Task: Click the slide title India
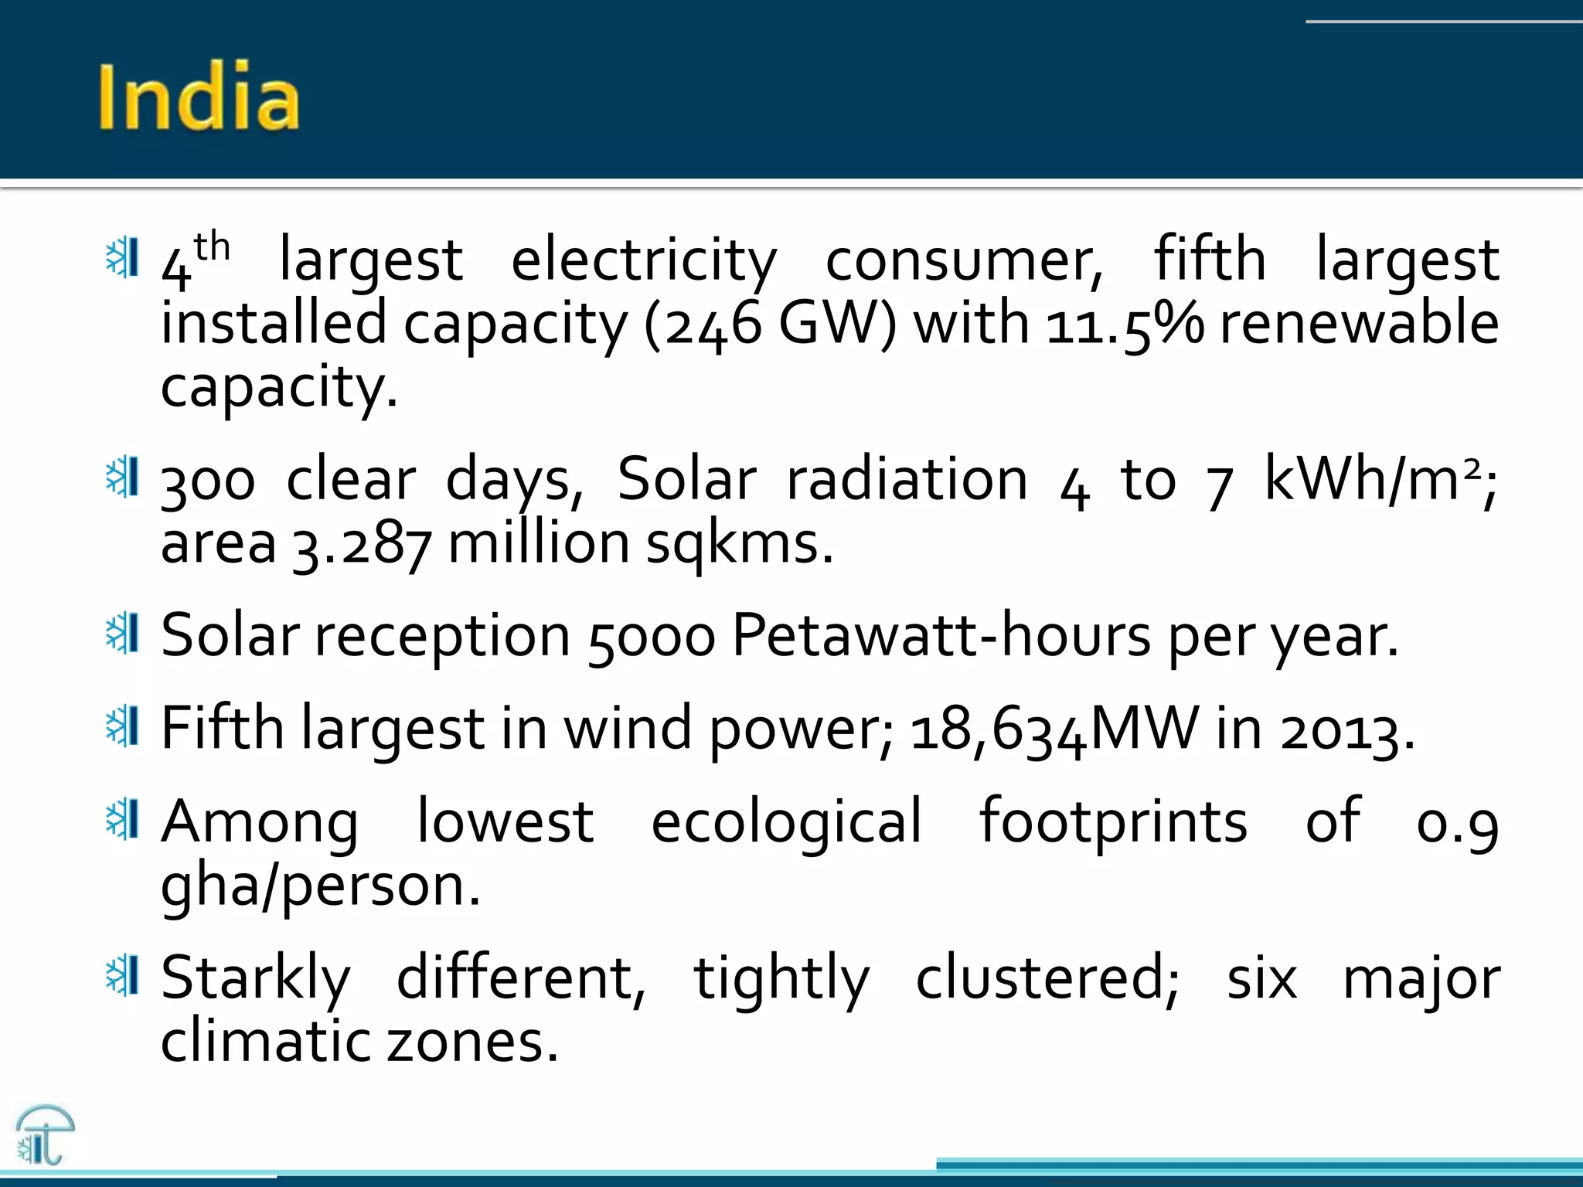click(199, 97)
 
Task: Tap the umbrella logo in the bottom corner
click(45, 1134)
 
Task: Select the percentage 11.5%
click(1125, 325)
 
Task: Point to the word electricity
click(644, 260)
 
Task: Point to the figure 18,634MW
click(1054, 731)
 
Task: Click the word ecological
click(786, 822)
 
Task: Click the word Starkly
click(256, 980)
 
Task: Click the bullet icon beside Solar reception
click(122, 634)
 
